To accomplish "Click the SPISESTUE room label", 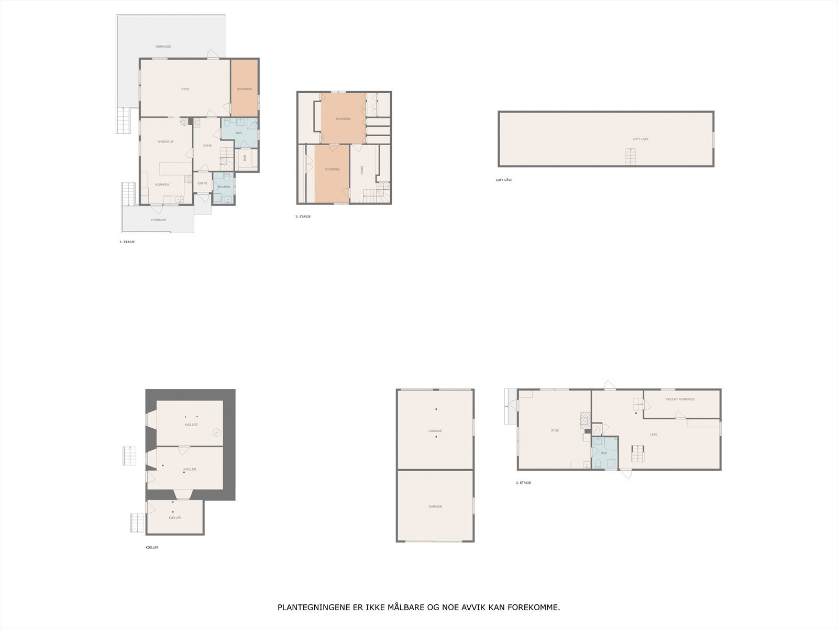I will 166,142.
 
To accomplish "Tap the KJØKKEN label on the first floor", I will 162,185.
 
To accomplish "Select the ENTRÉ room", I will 203,183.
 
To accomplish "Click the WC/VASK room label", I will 224,187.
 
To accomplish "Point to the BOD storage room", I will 245,157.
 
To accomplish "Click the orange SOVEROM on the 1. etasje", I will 245,89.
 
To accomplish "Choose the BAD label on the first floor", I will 239,133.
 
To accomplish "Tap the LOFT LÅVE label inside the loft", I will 641,139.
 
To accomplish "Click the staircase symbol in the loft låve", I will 631,157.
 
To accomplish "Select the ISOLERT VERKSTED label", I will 680,399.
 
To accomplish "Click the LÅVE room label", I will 654,435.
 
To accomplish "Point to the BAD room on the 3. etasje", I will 604,453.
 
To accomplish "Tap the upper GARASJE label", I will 435,431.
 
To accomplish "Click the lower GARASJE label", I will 435,506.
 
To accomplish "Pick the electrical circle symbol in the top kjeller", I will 217,432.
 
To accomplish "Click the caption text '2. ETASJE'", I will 303,216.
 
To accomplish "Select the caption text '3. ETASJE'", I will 523,483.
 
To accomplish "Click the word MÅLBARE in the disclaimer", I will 406,608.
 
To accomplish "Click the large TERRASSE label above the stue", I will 163,47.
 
